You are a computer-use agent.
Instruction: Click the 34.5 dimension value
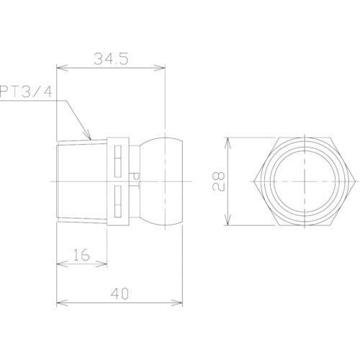112,60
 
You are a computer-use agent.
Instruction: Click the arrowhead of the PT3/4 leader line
90,137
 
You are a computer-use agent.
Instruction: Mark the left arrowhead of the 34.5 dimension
59,70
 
